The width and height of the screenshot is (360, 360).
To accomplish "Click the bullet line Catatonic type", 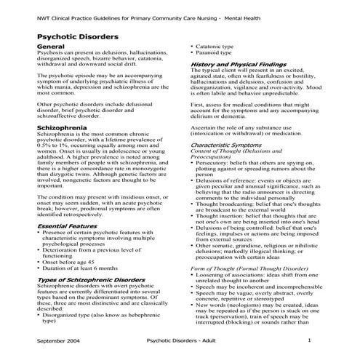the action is [214, 46].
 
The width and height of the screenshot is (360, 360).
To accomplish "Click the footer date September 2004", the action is [60, 340].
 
